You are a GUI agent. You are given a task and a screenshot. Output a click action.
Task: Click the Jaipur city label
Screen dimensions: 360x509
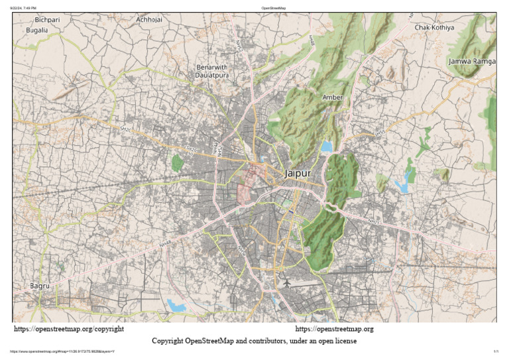(297, 173)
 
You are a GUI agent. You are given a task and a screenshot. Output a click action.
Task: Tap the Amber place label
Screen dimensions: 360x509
(332, 97)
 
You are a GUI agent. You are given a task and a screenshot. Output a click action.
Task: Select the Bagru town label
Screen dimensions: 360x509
(40, 286)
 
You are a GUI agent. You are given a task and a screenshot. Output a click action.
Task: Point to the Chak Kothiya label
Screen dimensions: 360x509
(434, 27)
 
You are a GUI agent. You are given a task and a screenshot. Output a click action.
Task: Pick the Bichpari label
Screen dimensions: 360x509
(47, 20)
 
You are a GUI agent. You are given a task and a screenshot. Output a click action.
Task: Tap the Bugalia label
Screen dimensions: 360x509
(37, 30)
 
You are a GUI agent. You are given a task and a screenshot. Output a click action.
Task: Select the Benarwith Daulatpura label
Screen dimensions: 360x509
(212, 72)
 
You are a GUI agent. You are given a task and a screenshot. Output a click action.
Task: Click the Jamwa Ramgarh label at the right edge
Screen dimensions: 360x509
(472, 61)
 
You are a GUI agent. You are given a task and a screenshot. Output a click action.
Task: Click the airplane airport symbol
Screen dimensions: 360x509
(286, 282)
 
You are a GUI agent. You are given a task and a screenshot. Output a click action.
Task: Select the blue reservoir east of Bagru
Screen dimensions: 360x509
(176, 305)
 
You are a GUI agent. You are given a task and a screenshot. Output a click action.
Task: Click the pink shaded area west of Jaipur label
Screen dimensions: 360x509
(247, 186)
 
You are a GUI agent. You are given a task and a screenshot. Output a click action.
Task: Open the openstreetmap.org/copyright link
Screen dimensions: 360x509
(69, 329)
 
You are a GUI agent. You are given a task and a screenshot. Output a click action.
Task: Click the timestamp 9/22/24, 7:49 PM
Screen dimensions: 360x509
(23, 7)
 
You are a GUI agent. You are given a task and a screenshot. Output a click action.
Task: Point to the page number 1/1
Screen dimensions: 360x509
(495, 351)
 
